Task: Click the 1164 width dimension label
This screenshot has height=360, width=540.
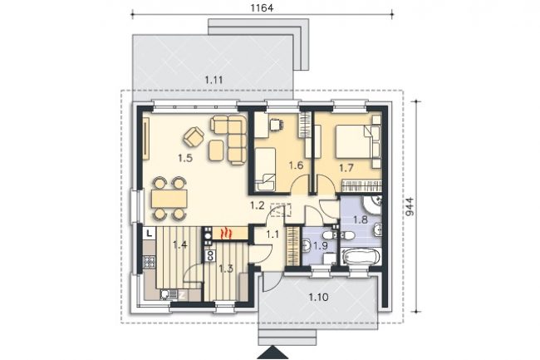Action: tap(262, 7)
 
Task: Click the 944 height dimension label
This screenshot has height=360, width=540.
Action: tap(410, 207)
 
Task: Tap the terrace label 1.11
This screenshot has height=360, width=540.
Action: tap(214, 81)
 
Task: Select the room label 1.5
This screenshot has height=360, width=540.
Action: tap(185, 158)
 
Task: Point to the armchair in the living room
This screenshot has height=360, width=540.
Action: tap(194, 136)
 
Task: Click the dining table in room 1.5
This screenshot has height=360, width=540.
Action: tap(169, 198)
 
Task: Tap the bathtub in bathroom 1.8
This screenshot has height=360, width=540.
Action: tap(361, 256)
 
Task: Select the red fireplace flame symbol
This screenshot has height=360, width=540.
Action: tap(226, 234)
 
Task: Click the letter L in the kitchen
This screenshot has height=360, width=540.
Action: tap(149, 234)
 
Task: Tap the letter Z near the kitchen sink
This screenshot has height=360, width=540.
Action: tap(182, 295)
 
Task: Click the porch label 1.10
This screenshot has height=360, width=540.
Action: tap(318, 297)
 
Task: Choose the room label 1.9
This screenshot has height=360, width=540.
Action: tap(320, 245)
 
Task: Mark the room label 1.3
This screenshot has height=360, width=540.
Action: tap(226, 269)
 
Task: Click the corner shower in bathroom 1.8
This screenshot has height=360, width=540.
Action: tap(372, 205)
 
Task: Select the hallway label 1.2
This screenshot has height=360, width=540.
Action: tap(258, 206)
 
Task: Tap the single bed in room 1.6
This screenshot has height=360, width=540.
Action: tap(265, 169)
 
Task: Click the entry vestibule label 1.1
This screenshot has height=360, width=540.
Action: tap(272, 234)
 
